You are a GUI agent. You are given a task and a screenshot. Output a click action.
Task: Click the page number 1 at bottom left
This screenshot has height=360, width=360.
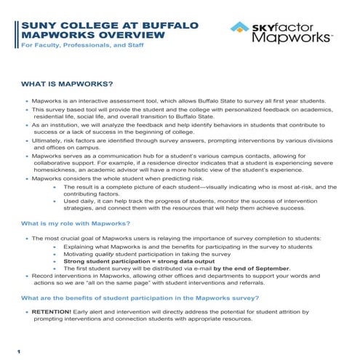click(x=19, y=352)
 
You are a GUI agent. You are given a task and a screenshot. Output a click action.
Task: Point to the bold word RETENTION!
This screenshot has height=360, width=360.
click(x=50, y=311)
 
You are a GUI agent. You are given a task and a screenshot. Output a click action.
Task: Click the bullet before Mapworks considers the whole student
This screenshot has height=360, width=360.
click(x=28, y=178)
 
